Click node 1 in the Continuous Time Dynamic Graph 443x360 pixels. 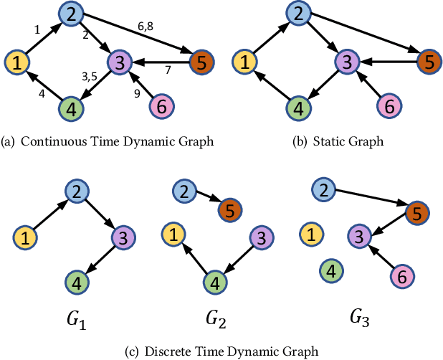click(x=19, y=62)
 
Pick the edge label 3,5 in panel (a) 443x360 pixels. click(x=90, y=77)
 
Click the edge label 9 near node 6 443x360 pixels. click(x=138, y=91)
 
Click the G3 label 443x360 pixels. click(x=360, y=315)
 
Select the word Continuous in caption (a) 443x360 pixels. click(x=49, y=141)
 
